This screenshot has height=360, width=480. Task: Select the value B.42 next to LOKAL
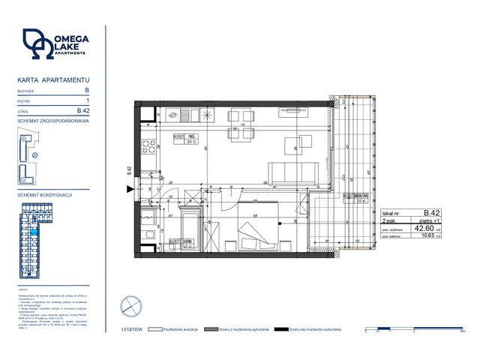[x=84, y=111]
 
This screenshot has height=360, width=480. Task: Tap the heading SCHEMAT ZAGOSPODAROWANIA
[x=53, y=121]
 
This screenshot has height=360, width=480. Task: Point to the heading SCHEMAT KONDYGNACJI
[x=44, y=194]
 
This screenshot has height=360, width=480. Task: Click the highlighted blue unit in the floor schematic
[x=34, y=232]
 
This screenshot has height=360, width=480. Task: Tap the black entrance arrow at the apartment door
[x=133, y=190]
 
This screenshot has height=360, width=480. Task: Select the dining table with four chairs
[x=241, y=135]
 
